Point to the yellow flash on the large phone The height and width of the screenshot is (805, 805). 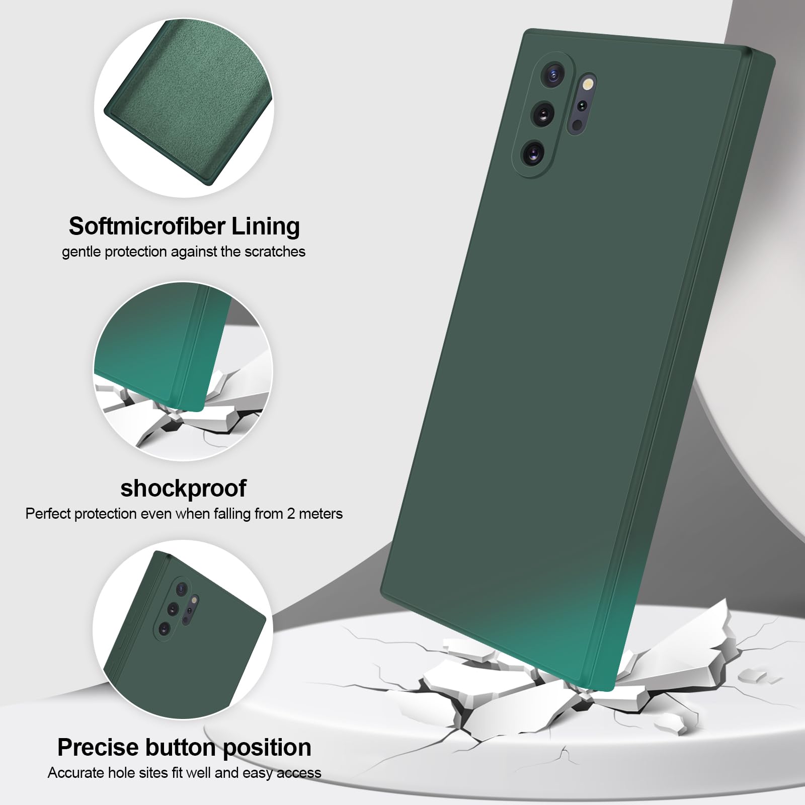588,84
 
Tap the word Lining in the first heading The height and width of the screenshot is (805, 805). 265,226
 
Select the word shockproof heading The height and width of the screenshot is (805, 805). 184,488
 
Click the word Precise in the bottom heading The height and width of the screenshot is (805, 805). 98,748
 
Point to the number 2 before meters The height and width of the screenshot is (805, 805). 290,514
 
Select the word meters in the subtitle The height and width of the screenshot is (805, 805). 320,514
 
